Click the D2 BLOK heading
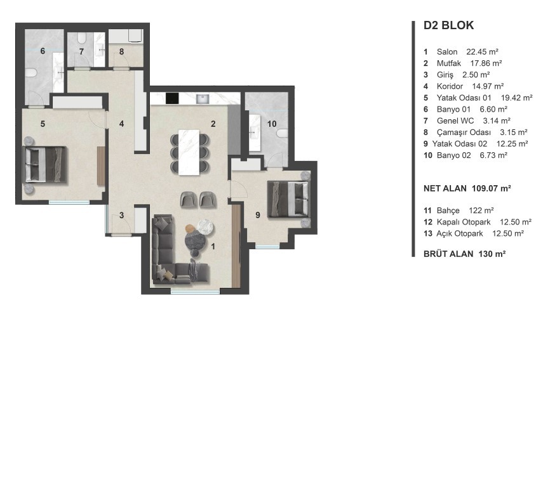(448, 25)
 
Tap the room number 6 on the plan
(43, 51)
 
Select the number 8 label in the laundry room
(121, 51)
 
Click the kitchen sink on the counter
(202, 100)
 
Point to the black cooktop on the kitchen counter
(172, 98)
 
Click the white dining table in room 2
(189, 152)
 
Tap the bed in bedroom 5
(44, 164)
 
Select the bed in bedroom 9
(289, 200)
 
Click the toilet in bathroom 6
(31, 73)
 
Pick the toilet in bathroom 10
(283, 133)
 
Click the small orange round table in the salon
(190, 228)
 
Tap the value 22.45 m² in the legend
(482, 52)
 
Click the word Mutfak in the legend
(449, 63)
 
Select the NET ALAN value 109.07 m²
(492, 188)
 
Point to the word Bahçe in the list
(448, 211)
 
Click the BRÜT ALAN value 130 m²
(492, 254)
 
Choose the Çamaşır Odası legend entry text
(464, 133)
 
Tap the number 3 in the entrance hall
(121, 215)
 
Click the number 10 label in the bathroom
(272, 124)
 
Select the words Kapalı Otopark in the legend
(464, 222)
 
